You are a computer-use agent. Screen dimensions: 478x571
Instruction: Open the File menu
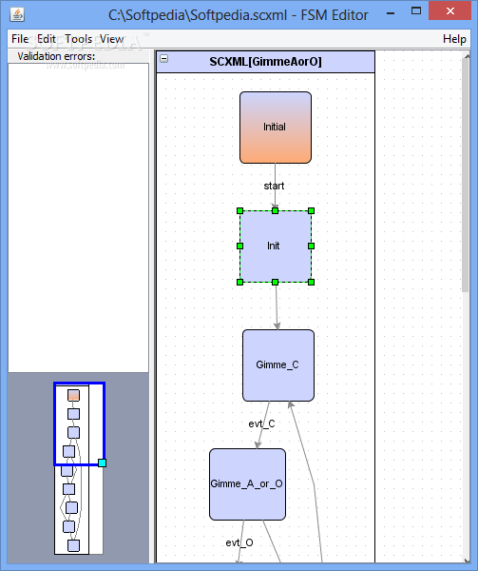tap(20, 39)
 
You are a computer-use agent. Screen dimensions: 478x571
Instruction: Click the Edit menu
tap(47, 39)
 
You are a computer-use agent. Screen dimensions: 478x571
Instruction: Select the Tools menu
tap(79, 39)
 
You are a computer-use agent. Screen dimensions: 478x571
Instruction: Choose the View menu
tap(111, 39)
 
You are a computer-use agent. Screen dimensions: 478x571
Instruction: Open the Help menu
tap(454, 39)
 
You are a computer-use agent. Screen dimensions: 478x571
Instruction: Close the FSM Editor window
tap(450, 11)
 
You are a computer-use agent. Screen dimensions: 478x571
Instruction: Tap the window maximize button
tap(416, 10)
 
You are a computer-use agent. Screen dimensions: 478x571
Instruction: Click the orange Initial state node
tap(276, 128)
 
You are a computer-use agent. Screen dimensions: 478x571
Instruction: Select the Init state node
tap(276, 246)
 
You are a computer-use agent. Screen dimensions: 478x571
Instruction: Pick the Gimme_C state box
tap(278, 365)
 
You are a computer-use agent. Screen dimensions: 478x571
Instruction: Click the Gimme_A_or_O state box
tap(247, 484)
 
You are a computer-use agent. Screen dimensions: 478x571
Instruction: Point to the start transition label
tap(274, 186)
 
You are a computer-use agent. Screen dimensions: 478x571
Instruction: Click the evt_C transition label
tap(261, 423)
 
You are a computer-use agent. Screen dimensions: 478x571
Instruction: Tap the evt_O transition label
tap(239, 543)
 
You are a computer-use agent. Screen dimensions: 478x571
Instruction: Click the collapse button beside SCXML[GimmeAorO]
tap(164, 58)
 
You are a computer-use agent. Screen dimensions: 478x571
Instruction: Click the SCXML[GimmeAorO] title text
tap(265, 62)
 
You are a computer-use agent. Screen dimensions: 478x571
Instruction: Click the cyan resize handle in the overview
tap(102, 463)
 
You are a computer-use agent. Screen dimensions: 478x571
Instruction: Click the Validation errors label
tap(56, 56)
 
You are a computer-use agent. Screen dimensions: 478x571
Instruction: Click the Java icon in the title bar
tap(17, 14)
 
